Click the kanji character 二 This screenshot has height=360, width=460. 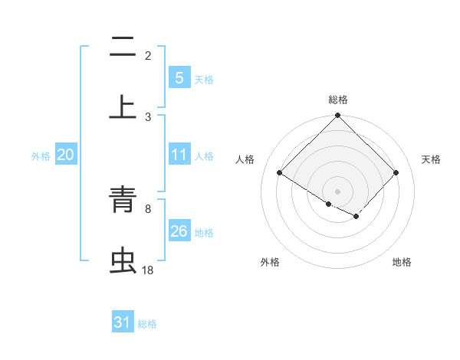tap(123, 48)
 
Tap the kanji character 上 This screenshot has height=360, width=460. tap(123, 106)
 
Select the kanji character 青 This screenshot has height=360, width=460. tap(123, 201)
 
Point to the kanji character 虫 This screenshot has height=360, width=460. tap(123, 261)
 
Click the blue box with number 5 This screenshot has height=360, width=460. tap(179, 77)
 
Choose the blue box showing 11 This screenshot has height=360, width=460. tap(179, 155)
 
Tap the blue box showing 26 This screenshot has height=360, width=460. tap(179, 231)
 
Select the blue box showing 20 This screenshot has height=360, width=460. tap(66, 155)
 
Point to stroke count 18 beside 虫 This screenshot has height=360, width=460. tap(148, 270)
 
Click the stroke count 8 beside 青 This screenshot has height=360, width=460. tap(147, 208)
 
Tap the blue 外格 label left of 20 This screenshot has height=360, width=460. tap(41, 155)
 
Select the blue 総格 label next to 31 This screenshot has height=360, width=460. tap(147, 324)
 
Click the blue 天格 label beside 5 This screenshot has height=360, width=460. tap(204, 79)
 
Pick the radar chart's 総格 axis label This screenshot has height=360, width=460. tap(338, 100)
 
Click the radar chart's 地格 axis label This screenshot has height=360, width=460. tap(402, 263)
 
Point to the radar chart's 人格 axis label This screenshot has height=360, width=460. tap(245, 159)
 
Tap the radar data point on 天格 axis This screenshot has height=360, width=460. tap(396, 172)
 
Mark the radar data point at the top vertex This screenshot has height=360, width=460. tap(338, 116)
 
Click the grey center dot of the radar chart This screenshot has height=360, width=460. tap(338, 191)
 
